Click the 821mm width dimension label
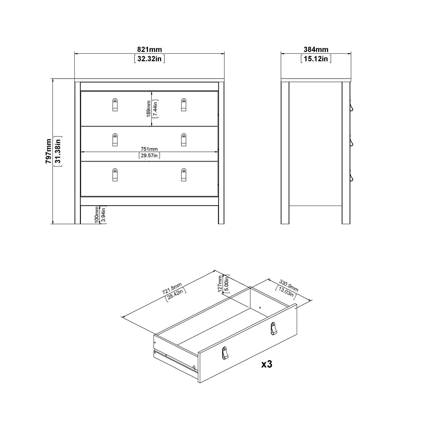[x=150, y=50]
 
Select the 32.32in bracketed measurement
[x=150, y=59]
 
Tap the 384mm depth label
[x=316, y=50]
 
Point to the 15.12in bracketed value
[x=316, y=59]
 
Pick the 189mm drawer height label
[x=149, y=109]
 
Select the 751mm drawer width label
[x=150, y=149]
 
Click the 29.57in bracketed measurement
[x=150, y=156]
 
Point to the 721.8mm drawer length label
[x=172, y=288]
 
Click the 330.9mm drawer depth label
[x=289, y=286]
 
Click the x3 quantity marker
[x=267, y=364]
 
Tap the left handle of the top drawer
[x=115, y=105]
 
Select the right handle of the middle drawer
[x=183, y=140]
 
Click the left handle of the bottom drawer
[x=115, y=175]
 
